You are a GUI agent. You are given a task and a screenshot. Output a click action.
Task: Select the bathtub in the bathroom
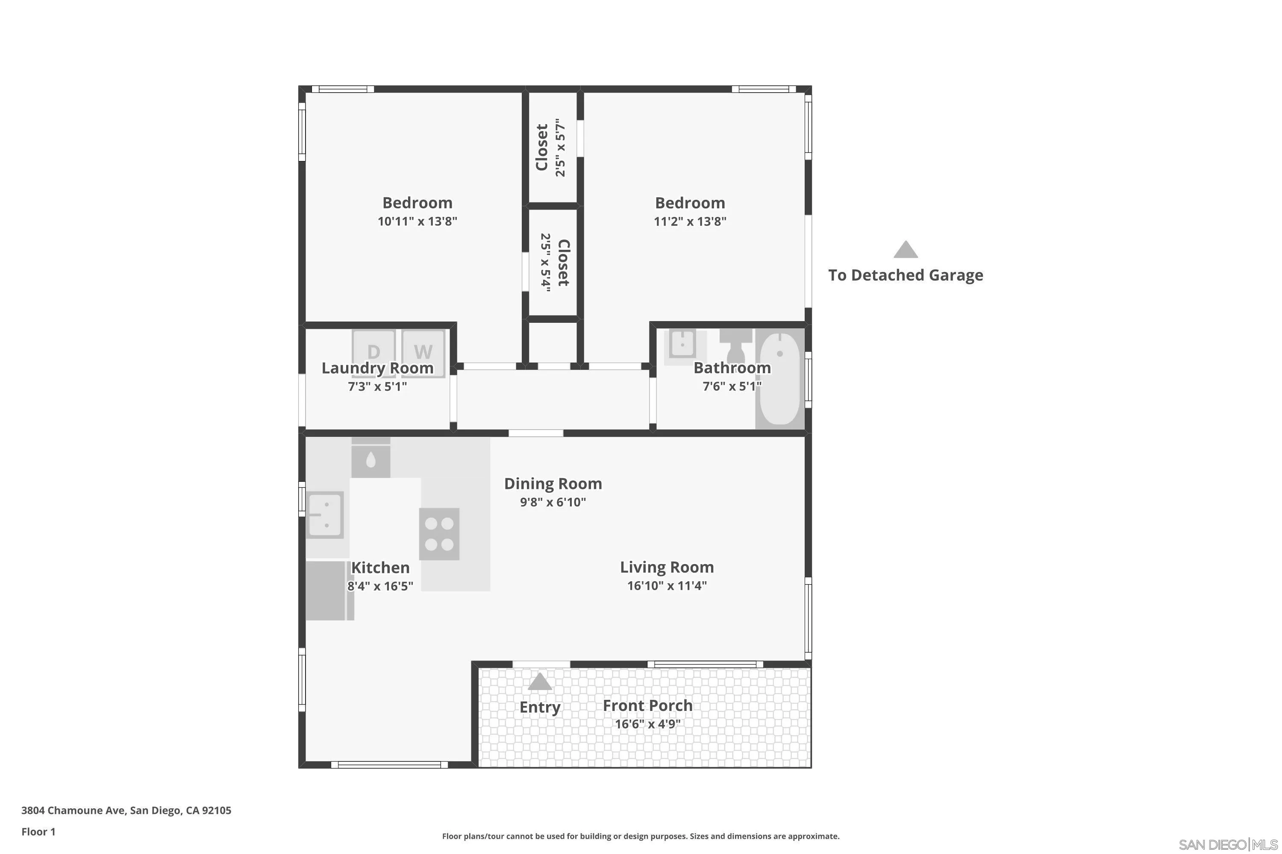779,378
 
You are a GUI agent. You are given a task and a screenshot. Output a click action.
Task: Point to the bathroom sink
682,344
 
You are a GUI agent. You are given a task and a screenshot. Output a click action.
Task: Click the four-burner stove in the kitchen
439,534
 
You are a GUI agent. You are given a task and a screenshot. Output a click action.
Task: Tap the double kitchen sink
325,515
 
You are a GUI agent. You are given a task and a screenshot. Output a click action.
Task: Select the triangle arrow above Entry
540,681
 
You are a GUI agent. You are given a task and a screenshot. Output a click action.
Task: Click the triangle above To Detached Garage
906,250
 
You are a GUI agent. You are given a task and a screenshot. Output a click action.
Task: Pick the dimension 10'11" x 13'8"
417,221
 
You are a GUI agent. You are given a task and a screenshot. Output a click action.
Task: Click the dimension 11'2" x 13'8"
690,221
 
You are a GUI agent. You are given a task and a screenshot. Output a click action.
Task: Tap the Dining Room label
553,484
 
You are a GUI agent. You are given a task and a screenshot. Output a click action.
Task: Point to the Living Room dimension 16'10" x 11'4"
667,585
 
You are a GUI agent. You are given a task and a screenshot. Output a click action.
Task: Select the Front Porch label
647,705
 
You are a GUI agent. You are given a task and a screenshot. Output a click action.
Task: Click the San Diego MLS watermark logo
1229,844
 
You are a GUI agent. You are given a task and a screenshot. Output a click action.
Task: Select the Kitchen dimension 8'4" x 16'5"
380,586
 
